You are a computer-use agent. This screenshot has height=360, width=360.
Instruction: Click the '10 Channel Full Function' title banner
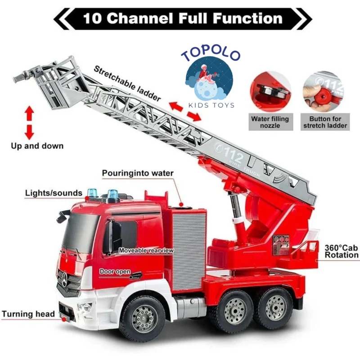pyautogui.click(x=182, y=18)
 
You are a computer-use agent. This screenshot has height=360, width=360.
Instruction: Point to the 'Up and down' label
pyautogui.click(x=37, y=146)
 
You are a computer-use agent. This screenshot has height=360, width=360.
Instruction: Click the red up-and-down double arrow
pyautogui.click(x=30, y=122)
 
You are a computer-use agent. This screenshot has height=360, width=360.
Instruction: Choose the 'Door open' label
pyautogui.click(x=115, y=272)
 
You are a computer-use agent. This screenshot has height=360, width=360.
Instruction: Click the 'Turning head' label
pyautogui.click(x=28, y=314)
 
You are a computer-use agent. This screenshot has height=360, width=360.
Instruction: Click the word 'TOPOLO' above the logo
pyautogui.click(x=211, y=55)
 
